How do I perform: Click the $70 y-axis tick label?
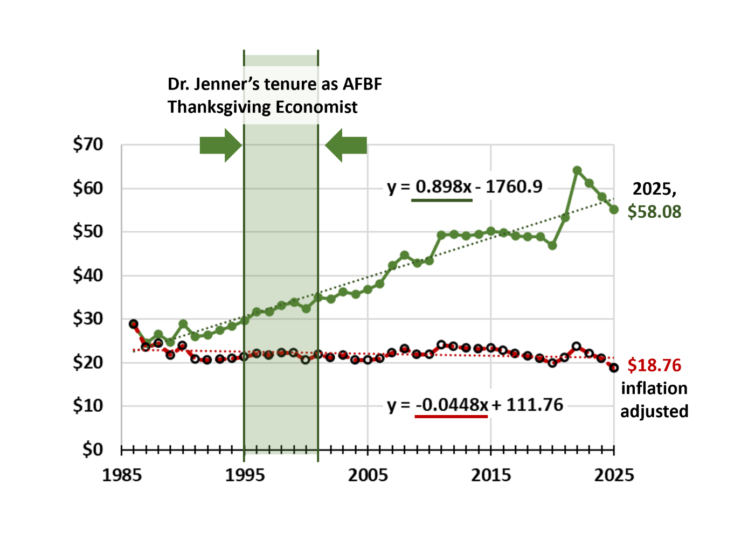click(88, 144)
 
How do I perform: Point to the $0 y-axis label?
click(93, 449)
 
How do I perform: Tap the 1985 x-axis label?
click(122, 475)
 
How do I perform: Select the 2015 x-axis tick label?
click(491, 475)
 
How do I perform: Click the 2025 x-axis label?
click(614, 475)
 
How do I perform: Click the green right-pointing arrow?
click(220, 146)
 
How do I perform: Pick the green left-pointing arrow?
click(347, 146)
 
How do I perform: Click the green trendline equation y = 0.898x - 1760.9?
click(465, 186)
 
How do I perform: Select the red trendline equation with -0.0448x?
click(475, 405)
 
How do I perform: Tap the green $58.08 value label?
click(654, 212)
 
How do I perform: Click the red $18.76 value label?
click(654, 365)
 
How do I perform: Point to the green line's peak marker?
click(577, 171)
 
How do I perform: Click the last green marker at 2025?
click(614, 210)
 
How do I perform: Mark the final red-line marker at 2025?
click(614, 368)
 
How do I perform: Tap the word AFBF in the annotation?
click(362, 84)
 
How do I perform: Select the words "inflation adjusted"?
click(654, 400)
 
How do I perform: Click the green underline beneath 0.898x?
click(442, 201)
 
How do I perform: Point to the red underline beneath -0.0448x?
click(452, 417)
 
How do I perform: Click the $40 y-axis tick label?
click(88, 275)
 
